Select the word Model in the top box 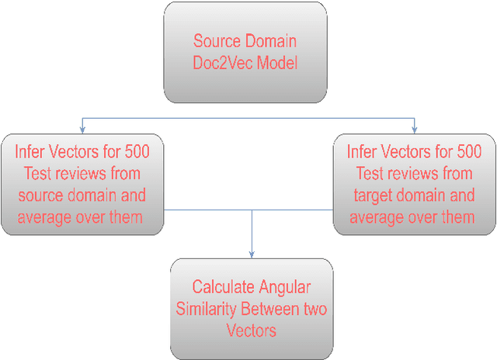275,63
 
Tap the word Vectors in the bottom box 251,331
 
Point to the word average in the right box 381,216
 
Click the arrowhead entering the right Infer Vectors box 414,129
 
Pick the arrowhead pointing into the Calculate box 251,255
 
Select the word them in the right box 453,216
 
